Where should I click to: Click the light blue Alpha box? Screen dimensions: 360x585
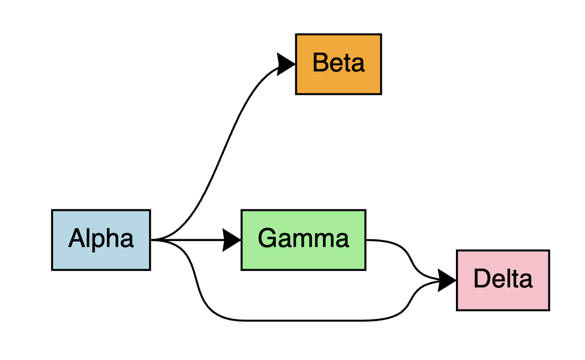101,240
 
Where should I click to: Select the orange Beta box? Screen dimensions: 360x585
338,64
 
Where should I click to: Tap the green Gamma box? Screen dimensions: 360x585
303,240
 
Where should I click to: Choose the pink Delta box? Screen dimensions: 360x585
503,280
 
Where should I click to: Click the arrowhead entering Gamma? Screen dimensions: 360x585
232,240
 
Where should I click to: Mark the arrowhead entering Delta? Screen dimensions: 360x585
447,280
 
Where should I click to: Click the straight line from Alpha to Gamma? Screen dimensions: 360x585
188,240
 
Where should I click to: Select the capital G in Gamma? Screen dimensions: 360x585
267,239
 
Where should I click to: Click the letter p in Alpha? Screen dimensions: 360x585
97,241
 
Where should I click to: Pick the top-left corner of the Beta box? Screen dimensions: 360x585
296,34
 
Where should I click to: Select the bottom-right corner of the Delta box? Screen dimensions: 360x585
549,310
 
